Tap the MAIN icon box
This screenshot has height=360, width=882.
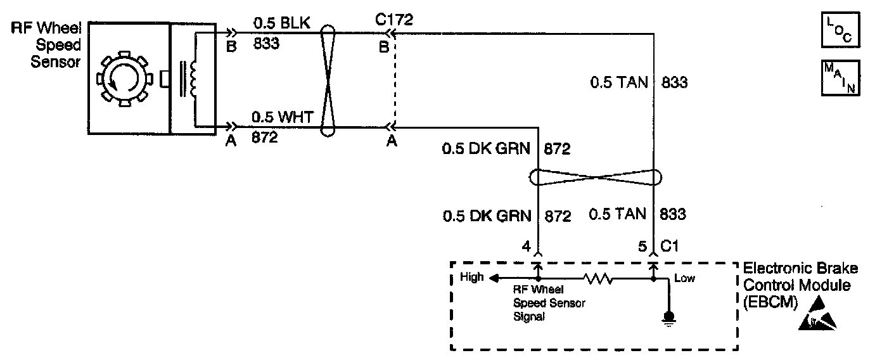(840, 77)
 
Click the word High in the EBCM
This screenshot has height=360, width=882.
(471, 277)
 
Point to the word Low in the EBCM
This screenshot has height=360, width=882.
(685, 278)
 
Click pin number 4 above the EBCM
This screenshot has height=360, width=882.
(526, 246)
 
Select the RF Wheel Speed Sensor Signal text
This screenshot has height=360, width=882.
(549, 303)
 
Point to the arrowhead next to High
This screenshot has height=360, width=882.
(494, 278)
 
